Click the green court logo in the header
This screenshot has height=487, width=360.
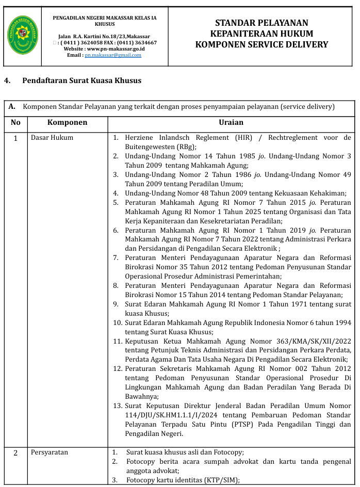(23, 35)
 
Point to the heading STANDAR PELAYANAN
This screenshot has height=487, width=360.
(261, 23)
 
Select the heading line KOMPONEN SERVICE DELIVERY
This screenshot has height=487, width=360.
(261, 44)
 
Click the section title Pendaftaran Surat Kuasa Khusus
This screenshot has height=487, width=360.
(81, 80)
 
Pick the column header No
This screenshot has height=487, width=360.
(15, 123)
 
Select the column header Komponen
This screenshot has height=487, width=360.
(67, 123)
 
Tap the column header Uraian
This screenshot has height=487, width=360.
(231, 123)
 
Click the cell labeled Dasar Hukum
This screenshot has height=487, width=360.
(52, 138)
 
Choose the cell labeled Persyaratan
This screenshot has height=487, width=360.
(50, 452)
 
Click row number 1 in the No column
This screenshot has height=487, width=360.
(15, 138)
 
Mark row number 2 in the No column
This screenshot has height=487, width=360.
(15, 453)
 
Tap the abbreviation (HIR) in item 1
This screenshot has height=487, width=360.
(242, 138)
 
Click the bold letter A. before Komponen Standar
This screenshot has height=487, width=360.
(12, 107)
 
